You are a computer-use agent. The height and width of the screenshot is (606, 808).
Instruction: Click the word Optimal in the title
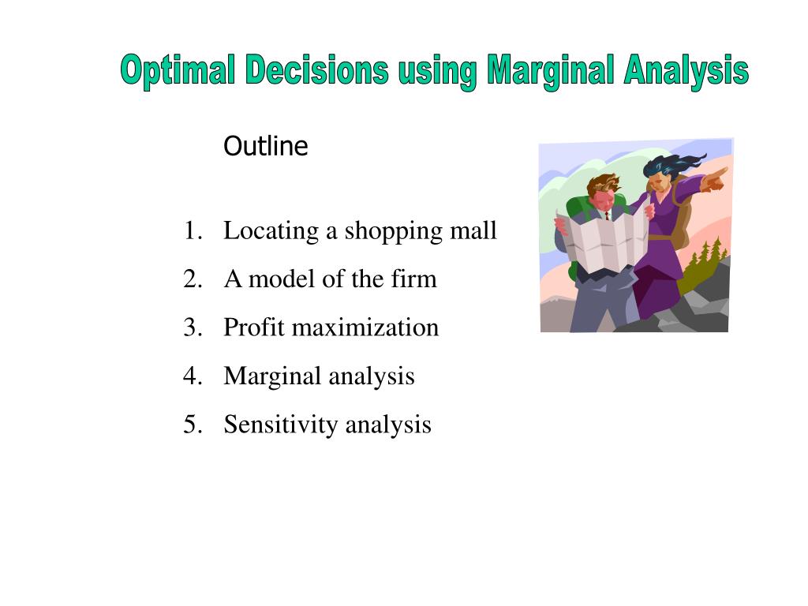click(178, 70)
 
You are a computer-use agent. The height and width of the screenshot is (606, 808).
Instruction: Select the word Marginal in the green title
click(550, 70)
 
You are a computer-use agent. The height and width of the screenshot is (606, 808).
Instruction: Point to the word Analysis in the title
click(686, 70)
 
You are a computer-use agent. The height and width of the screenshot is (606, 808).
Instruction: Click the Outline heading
click(266, 146)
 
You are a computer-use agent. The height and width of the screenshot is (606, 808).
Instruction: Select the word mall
click(473, 230)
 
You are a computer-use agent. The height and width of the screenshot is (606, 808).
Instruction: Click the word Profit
click(254, 327)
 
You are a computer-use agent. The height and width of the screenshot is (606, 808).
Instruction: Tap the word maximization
click(365, 327)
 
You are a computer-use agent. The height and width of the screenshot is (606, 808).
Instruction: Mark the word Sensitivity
click(281, 425)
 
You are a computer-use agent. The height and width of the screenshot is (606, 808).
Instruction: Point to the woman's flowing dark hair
click(670, 166)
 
